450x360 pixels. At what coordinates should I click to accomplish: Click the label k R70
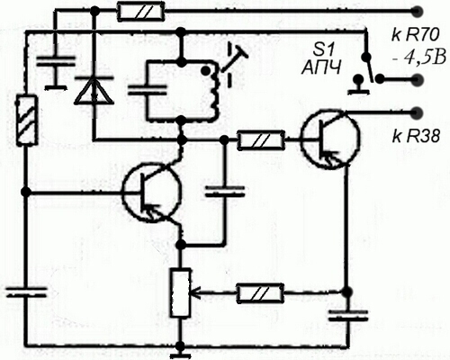coord(415,36)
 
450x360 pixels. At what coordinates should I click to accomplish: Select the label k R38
coord(416,137)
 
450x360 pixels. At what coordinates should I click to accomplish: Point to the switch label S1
coord(322,50)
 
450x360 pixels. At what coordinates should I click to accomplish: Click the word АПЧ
coord(321,67)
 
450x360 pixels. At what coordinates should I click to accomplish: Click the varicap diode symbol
coord(94,90)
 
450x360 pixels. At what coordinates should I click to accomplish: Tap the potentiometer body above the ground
coord(181,292)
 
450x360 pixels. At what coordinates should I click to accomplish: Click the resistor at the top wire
coord(141,12)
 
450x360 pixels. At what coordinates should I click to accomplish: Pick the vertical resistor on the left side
coord(27,120)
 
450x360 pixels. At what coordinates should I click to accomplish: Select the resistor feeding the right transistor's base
coord(261,139)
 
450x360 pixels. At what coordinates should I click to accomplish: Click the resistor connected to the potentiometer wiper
coord(260,292)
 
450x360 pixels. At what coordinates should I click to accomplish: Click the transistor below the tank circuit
coord(152,193)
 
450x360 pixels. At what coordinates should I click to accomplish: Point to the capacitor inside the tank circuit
coord(147,90)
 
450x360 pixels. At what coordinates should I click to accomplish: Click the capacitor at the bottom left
coord(26,292)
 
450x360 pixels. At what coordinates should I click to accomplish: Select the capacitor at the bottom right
coord(348,316)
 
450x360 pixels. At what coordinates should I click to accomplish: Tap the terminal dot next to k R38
coord(417,112)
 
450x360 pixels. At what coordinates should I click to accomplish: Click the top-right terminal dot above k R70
coord(417,12)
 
